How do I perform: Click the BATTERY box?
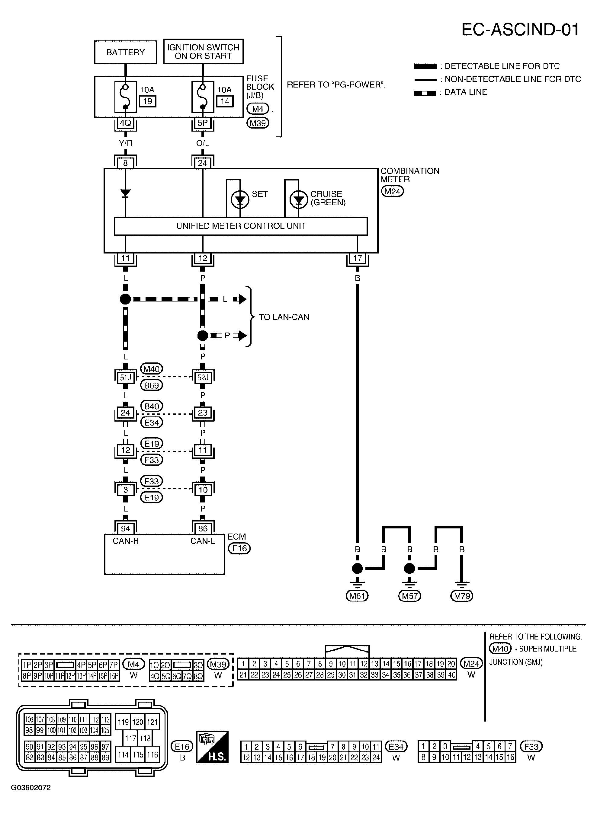point(125,53)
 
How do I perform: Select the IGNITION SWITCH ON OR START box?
point(203,52)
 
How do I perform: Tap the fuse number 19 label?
point(148,101)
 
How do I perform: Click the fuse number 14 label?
point(225,101)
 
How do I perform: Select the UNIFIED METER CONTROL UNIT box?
point(241,226)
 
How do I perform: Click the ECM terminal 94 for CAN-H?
point(125,528)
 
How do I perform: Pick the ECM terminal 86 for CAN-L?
point(203,528)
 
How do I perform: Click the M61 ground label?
point(357,596)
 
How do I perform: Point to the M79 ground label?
point(461,596)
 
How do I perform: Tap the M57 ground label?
point(409,596)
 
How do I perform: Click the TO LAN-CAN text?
point(284,317)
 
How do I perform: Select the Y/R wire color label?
point(125,143)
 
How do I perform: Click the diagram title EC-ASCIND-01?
point(520,30)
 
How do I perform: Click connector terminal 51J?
point(125,378)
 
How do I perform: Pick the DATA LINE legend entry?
point(465,92)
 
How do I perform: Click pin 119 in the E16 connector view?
point(123,722)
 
